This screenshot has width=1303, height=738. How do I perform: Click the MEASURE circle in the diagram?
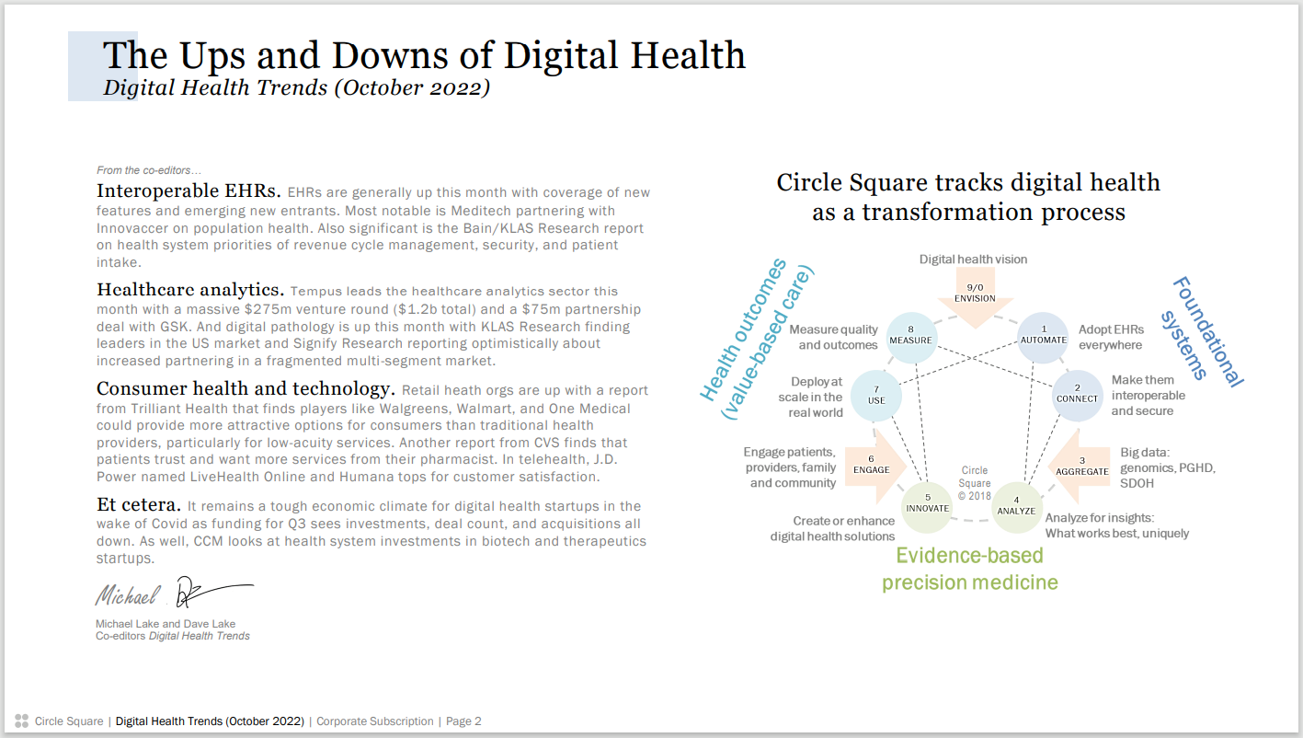[911, 338]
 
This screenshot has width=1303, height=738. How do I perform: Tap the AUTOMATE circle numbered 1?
[1043, 338]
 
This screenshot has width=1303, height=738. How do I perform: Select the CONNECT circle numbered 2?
[1077, 396]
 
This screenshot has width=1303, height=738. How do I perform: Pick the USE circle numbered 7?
[876, 396]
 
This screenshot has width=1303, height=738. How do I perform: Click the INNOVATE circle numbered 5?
[927, 507]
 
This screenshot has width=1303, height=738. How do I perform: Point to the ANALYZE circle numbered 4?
[1016, 507]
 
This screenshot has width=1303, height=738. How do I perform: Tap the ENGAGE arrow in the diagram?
[875, 467]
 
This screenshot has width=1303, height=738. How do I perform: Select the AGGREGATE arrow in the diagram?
[1080, 467]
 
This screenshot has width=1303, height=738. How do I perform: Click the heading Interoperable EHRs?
[189, 190]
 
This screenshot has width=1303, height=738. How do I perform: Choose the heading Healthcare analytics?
[190, 289]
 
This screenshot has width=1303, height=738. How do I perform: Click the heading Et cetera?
[139, 504]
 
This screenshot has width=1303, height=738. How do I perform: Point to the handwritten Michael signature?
[128, 594]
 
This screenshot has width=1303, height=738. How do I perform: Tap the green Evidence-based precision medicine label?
[970, 569]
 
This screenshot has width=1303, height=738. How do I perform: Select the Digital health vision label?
[973, 259]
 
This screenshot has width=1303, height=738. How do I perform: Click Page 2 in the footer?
[463, 721]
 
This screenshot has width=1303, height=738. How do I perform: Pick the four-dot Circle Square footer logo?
[21, 721]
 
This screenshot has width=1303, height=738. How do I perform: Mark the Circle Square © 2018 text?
[975, 483]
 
